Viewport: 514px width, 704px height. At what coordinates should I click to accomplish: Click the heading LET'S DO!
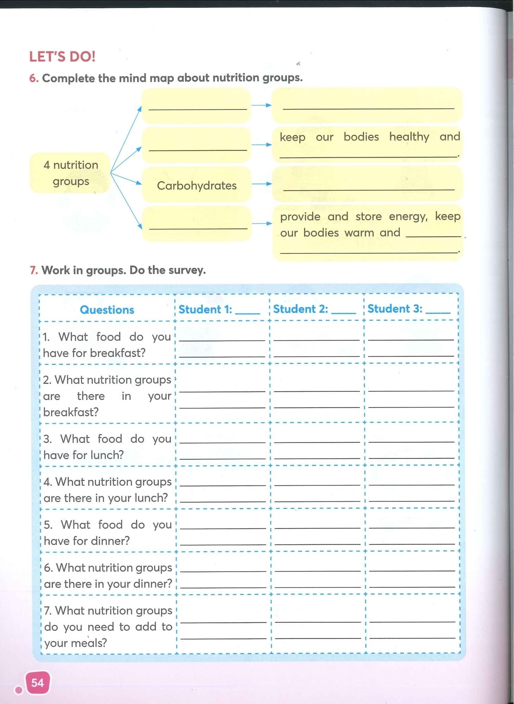click(62, 57)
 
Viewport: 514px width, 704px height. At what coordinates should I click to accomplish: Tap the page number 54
click(37, 683)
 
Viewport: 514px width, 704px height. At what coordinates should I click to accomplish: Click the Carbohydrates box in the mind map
click(197, 185)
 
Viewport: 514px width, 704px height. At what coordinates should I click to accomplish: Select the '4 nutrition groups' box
click(70, 173)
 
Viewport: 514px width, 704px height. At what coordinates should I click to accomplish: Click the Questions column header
click(107, 310)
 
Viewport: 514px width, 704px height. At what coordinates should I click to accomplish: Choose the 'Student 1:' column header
click(205, 309)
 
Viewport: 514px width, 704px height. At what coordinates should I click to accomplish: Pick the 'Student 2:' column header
click(300, 309)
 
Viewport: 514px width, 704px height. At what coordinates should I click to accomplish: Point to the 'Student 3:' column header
click(395, 309)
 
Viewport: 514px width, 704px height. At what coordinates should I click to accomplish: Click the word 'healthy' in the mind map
click(409, 137)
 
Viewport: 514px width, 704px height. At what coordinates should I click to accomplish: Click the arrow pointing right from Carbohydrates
click(261, 183)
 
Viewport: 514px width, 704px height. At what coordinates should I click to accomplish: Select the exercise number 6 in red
click(33, 78)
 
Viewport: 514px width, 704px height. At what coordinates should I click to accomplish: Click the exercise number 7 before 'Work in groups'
click(33, 270)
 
